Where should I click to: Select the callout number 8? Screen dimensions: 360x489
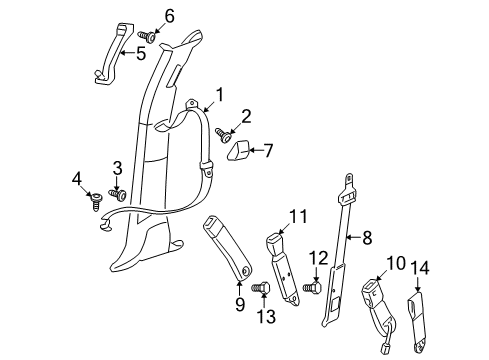pos(366,237)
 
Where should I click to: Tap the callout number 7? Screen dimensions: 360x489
pos(268,150)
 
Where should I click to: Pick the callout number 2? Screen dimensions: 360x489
pos(245,116)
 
